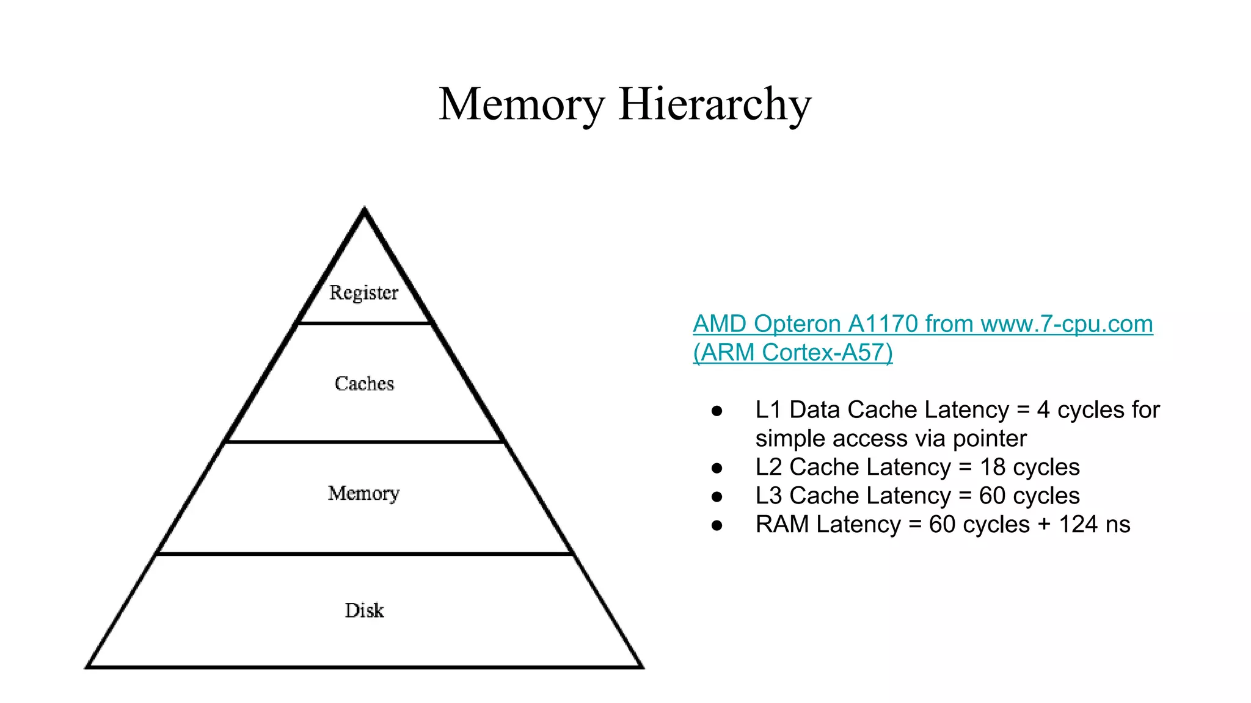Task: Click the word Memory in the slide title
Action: point(521,104)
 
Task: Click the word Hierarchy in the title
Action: point(715,104)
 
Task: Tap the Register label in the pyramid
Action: point(363,292)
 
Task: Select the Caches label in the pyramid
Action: point(364,383)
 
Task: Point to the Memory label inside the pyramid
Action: point(363,493)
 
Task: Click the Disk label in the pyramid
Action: point(364,610)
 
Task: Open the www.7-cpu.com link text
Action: point(1067,324)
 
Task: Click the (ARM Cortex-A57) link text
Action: point(792,353)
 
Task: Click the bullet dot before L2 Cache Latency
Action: point(717,468)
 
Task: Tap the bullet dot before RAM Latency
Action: point(717,525)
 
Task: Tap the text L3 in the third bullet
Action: point(768,496)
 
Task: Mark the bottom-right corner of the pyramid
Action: point(642,667)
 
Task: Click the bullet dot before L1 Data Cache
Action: point(717,411)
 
